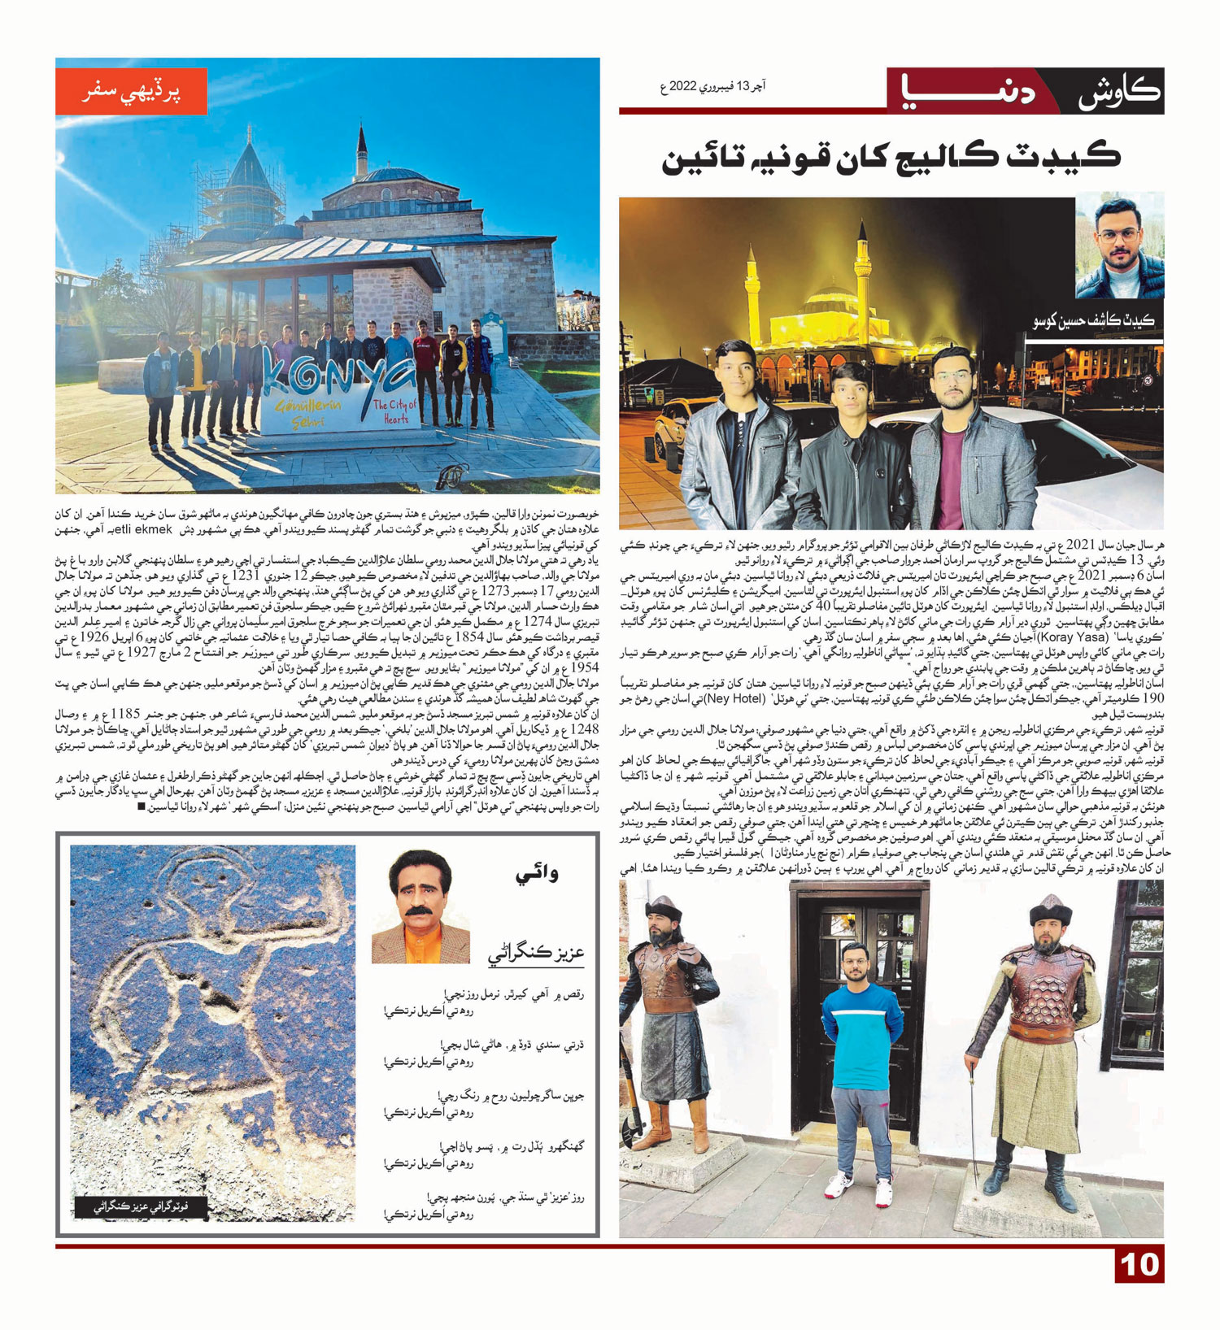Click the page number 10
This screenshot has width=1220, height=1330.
1139,1265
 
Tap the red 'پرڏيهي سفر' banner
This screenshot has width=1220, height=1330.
131,91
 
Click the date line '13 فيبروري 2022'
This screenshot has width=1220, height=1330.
712,86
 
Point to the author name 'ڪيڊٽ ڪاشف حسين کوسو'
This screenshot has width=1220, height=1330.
1094,321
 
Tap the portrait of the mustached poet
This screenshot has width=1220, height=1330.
420,907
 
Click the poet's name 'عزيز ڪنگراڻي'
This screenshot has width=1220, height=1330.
536,953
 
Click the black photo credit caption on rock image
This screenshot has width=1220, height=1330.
141,1207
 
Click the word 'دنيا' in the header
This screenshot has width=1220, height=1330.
972,91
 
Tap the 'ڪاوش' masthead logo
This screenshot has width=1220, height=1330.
1118,91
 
